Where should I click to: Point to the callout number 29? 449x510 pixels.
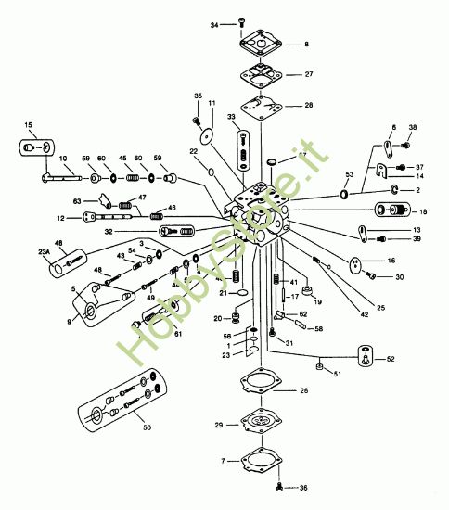click(219, 424)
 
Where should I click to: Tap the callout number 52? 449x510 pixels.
click(390, 359)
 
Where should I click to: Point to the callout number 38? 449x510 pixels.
click(413, 128)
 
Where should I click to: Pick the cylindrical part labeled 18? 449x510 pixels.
click(391, 210)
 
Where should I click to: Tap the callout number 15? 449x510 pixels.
click(28, 124)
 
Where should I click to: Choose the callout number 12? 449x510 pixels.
click(58, 218)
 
